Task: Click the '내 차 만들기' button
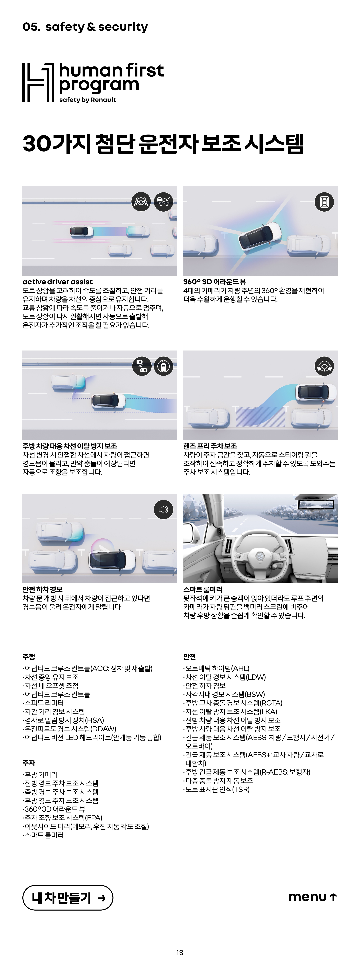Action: [68, 898]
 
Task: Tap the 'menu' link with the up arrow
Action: [312, 897]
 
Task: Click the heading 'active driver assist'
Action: [57, 282]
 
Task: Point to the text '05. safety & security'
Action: [85, 27]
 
